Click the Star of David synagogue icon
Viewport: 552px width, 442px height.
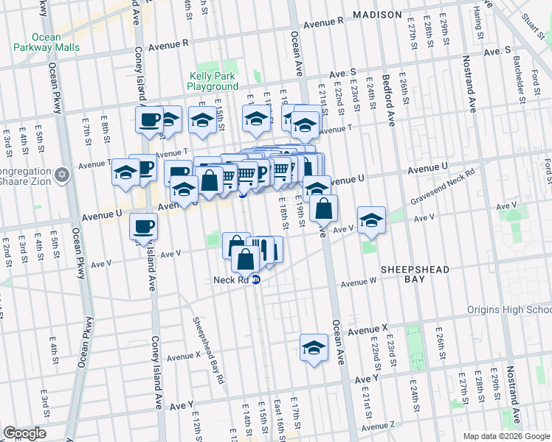pos(63,175)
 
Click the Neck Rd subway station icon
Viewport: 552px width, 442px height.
pos(256,280)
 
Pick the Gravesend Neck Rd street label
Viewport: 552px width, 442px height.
pos(444,186)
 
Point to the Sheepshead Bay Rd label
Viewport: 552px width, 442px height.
pos(209,351)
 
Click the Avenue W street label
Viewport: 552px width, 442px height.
pos(358,282)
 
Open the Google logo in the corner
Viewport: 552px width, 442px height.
pos(24,433)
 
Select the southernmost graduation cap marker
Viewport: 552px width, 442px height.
pos(314,347)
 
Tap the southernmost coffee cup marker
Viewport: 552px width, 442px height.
pos(145,226)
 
